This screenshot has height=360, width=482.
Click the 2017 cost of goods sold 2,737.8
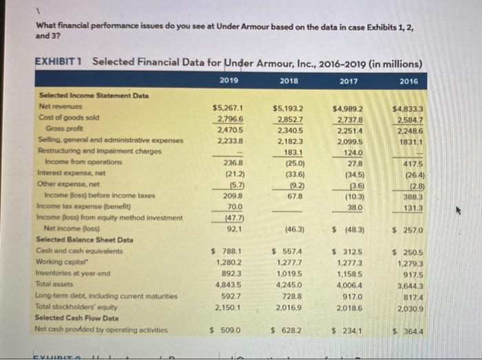[x=350, y=118]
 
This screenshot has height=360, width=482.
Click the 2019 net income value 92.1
[x=232, y=229]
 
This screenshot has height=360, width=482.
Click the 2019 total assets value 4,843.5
[x=229, y=284]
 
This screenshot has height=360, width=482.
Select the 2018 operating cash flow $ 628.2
[x=288, y=330]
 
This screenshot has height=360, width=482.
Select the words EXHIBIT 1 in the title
[x=59, y=61]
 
